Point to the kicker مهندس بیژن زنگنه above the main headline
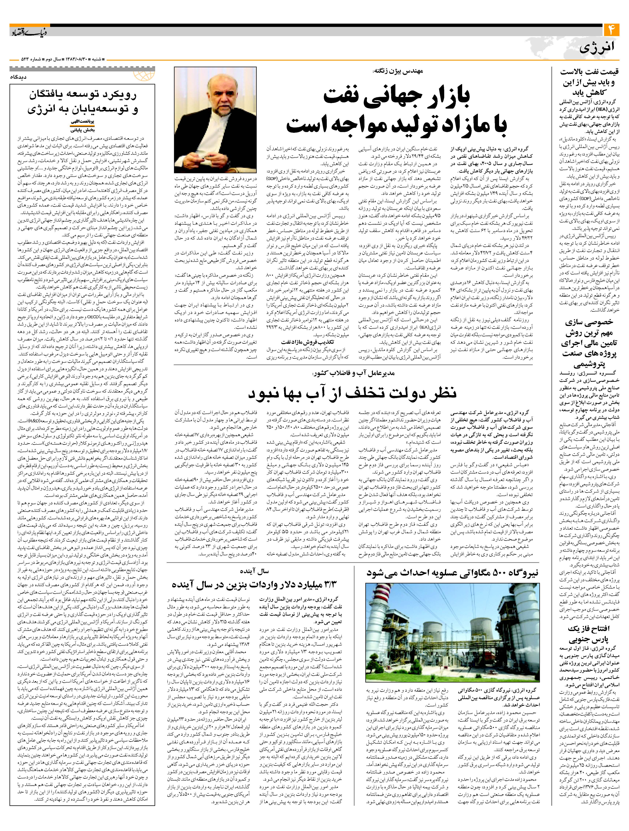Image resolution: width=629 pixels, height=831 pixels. [398, 71]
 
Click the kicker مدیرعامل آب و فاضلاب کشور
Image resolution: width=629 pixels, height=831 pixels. [353, 374]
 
